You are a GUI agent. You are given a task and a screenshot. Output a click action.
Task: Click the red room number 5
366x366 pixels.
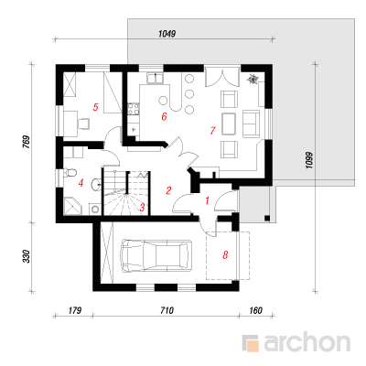[x=96, y=107]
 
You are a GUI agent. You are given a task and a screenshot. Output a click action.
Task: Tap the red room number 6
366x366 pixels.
[x=164, y=116]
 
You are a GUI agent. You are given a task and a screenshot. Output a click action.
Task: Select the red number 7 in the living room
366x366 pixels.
[x=212, y=131]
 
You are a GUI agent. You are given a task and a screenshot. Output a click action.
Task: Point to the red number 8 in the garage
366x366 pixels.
[x=225, y=254]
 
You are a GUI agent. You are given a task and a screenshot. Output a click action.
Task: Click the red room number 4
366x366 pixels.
[x=81, y=183]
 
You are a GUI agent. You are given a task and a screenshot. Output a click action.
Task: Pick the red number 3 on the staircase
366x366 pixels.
[x=142, y=208]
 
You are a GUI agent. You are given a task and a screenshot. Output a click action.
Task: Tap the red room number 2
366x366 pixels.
[x=168, y=190]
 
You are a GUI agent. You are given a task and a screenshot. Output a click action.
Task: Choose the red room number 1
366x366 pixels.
[x=208, y=200]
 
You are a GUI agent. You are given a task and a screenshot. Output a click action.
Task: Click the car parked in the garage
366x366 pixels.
[x=156, y=255]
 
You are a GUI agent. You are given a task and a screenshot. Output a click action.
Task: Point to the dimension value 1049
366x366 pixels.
[x=167, y=34]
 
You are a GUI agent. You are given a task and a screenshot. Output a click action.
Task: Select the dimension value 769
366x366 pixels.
[x=27, y=142]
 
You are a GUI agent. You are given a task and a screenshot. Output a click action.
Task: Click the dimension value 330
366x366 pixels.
[x=27, y=256]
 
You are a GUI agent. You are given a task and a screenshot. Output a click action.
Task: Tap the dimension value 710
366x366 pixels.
[x=167, y=310]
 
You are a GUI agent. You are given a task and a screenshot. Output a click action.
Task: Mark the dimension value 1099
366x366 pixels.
[x=309, y=160]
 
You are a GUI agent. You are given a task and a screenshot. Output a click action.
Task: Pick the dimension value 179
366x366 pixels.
[x=75, y=310]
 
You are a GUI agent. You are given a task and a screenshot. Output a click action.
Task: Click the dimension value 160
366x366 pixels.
[x=255, y=310]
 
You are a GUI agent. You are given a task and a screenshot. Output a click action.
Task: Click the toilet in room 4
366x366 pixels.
[x=69, y=173]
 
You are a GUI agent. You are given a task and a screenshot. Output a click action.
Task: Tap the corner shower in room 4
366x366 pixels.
[x=72, y=206]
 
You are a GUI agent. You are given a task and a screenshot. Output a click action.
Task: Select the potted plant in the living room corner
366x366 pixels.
[x=253, y=80]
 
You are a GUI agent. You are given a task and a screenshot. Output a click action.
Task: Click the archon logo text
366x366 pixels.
[x=307, y=343]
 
